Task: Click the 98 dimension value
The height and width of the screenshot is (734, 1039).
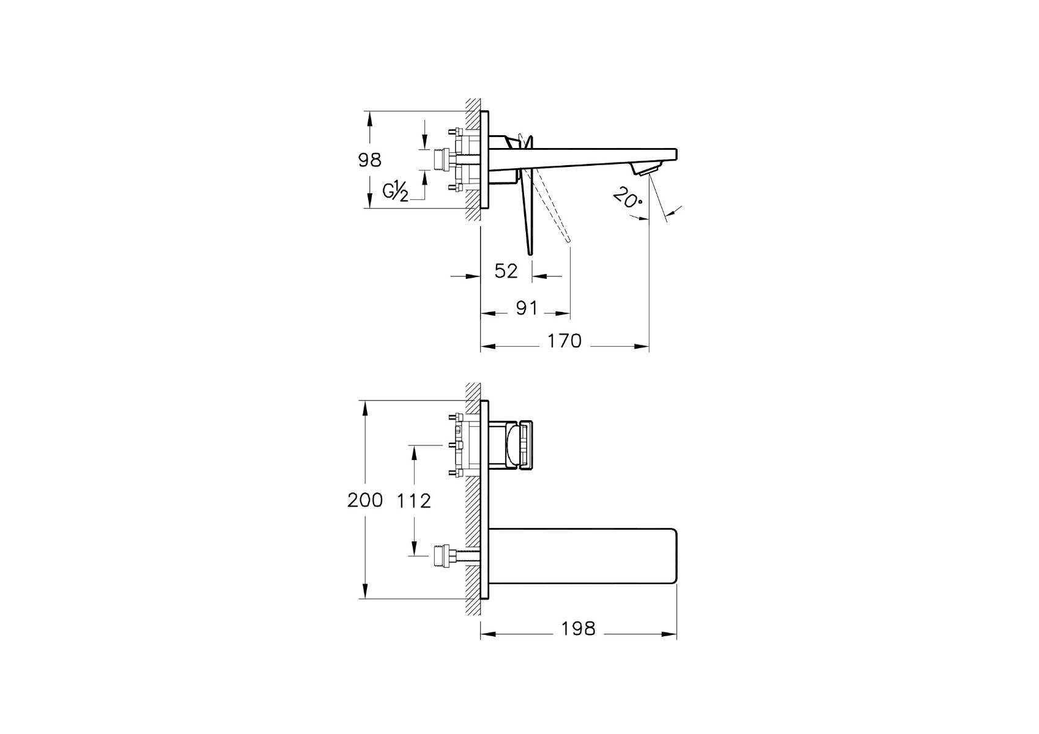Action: click(x=370, y=160)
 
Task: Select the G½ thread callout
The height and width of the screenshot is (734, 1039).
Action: click(x=395, y=191)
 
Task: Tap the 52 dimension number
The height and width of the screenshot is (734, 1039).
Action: click(x=506, y=271)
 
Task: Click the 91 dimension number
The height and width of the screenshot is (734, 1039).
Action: click(x=527, y=308)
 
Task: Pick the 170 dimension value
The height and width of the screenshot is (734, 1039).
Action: click(x=564, y=341)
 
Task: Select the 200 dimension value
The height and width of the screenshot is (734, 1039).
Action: click(x=365, y=500)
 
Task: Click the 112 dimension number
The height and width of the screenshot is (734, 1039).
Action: click(x=414, y=500)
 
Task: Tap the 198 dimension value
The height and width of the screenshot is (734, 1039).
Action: click(x=579, y=629)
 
